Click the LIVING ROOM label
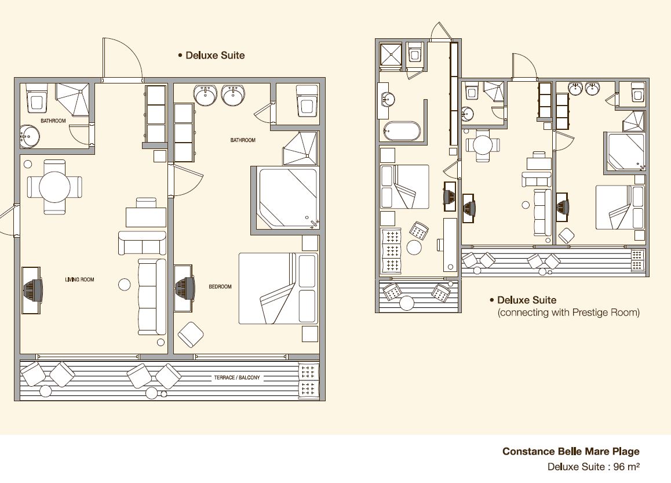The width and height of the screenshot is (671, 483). coord(79,279)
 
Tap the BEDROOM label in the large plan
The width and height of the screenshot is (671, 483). coord(220,286)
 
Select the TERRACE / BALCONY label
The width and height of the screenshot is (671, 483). coord(237,377)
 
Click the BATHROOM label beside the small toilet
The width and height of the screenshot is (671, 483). coord(53,121)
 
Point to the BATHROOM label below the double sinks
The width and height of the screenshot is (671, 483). coord(243,140)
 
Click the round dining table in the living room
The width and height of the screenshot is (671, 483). coord(55,187)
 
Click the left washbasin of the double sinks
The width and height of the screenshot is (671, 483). coord(205,95)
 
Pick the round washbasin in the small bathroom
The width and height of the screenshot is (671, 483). coord(30,136)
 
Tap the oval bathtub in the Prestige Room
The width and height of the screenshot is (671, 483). coord(402,131)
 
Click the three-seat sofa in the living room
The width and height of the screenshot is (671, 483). coord(152,297)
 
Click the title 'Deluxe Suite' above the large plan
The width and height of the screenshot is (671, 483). coord(215,55)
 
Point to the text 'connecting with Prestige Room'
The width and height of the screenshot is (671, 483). coord(568,313)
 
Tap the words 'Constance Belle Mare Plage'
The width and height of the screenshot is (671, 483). coord(571,451)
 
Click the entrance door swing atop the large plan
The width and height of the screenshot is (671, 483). coord(122,59)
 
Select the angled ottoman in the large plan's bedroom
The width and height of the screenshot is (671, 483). coord(191,335)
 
